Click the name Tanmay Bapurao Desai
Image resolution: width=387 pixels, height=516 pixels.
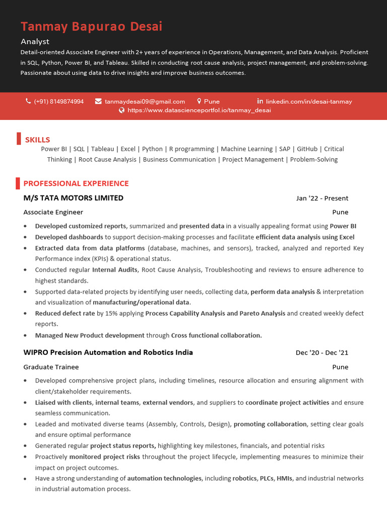click(x=91, y=27)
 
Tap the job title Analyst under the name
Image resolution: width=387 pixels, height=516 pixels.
click(x=35, y=41)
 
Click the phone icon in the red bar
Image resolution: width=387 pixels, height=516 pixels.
click(x=28, y=101)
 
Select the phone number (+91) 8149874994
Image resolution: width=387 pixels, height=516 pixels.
click(x=59, y=101)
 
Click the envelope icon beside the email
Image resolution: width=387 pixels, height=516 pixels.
click(x=98, y=101)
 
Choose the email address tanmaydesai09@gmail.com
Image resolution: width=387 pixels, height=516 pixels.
click(x=145, y=101)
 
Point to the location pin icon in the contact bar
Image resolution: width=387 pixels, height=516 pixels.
click(x=199, y=101)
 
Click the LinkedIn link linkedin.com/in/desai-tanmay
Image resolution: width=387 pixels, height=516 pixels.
click(x=308, y=101)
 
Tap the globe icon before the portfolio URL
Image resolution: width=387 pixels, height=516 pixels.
click(x=121, y=110)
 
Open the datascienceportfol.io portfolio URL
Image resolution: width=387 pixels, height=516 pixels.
click(x=199, y=110)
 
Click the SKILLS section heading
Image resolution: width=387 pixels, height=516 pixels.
click(x=37, y=140)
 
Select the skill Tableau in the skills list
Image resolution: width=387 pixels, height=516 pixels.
click(x=102, y=149)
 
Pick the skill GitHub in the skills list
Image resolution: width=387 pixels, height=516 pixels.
click(x=307, y=149)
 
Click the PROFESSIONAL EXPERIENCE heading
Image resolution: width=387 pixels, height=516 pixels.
click(x=76, y=183)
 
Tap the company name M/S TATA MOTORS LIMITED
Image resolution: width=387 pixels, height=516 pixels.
click(x=74, y=198)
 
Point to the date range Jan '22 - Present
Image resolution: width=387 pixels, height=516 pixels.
click(x=322, y=199)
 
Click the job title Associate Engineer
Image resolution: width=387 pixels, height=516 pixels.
click(x=53, y=212)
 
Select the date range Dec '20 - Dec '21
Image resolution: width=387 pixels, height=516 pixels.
click(x=322, y=353)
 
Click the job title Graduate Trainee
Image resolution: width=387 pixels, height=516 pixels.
click(x=51, y=367)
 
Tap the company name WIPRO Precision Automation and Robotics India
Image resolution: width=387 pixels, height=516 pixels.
click(x=108, y=352)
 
